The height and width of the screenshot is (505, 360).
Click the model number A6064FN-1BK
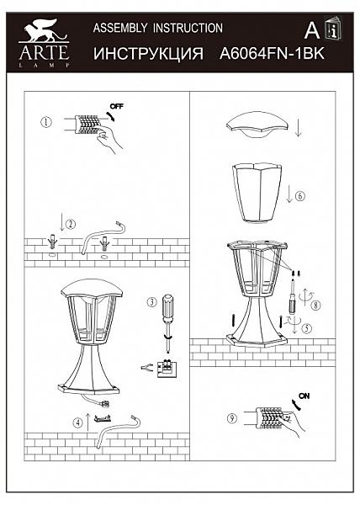point(272,54)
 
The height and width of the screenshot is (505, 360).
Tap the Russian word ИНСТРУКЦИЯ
point(148,54)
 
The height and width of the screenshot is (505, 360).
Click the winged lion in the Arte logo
point(44,30)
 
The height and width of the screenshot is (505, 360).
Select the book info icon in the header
point(333,28)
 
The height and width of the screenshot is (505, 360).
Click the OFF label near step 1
point(116,106)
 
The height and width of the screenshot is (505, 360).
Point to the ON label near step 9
point(304,396)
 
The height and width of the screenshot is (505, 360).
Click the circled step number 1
point(46,122)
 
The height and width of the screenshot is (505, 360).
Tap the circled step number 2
point(71,224)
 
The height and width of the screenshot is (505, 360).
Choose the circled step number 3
point(152,302)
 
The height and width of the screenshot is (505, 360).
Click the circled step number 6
point(300,196)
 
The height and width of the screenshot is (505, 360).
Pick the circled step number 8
point(316,305)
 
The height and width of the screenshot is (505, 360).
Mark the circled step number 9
point(232,418)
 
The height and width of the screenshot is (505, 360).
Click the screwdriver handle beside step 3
point(167,308)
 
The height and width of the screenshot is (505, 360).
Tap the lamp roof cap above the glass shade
point(257,125)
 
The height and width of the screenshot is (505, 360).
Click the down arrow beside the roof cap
point(299,127)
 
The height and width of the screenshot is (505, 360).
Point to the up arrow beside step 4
point(88,423)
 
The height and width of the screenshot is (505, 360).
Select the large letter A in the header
point(312,31)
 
